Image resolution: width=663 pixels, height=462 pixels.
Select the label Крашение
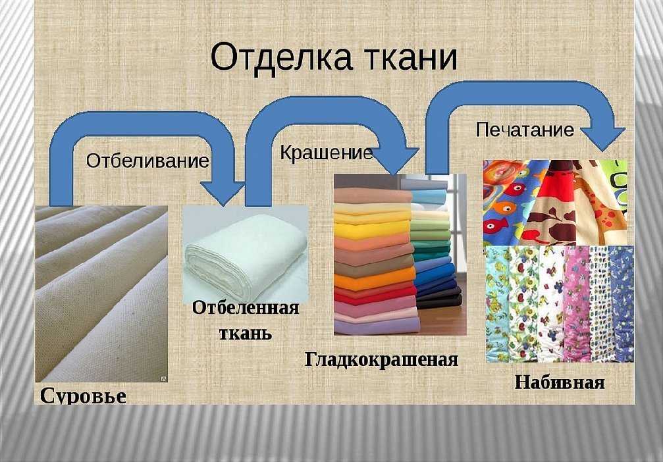click(x=326, y=153)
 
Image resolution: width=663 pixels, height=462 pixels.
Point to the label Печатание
click(x=525, y=129)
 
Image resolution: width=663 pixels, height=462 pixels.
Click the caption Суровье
click(x=83, y=396)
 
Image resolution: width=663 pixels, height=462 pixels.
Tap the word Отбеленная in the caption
click(x=246, y=308)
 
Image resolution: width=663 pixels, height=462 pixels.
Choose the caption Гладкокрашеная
click(x=381, y=359)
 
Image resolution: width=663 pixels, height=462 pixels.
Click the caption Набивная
click(x=559, y=382)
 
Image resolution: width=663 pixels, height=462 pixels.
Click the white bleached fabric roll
click(x=244, y=251)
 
